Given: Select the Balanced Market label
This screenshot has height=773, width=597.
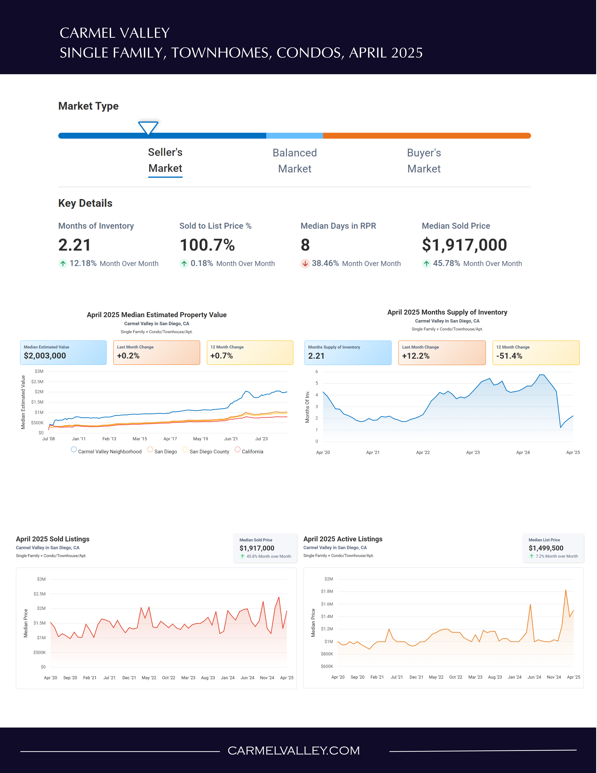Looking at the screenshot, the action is [x=295, y=161].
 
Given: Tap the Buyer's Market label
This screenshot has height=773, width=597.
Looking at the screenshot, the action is [x=424, y=161].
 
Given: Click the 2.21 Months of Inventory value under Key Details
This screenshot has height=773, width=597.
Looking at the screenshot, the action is [x=75, y=245].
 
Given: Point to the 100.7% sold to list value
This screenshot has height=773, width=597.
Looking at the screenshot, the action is [x=207, y=245].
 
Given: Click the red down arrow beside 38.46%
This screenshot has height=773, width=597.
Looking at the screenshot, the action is [x=305, y=264].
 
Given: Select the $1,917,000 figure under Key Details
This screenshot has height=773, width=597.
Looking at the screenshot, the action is [x=464, y=245].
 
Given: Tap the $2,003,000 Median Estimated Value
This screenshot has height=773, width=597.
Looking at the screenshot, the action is [x=45, y=356].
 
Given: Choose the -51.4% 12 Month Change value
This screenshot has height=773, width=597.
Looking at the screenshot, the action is [x=509, y=356].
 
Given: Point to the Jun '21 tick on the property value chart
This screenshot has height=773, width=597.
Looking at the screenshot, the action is [x=231, y=439].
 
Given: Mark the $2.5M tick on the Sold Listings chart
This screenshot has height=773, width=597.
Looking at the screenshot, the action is [x=40, y=594].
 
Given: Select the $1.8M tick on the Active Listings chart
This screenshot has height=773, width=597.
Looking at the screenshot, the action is [x=327, y=591].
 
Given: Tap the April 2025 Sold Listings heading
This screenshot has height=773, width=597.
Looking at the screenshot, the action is [x=53, y=539].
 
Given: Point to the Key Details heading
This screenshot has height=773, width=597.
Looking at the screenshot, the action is [x=85, y=203].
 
